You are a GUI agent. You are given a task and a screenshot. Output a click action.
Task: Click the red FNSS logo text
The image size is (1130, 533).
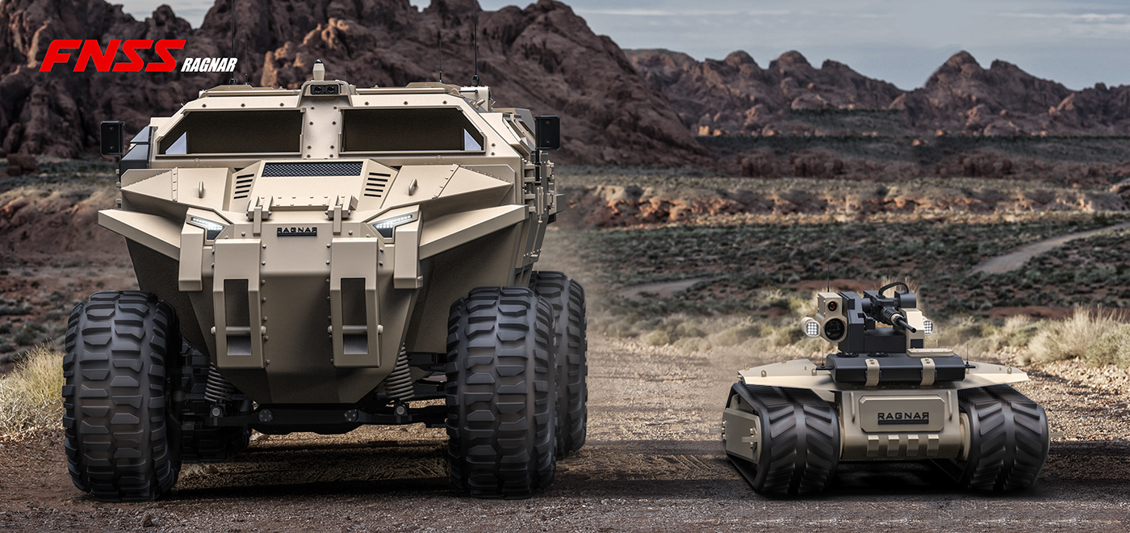tap(111, 56)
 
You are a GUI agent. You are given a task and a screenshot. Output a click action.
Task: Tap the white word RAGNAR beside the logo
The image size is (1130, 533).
tap(209, 65)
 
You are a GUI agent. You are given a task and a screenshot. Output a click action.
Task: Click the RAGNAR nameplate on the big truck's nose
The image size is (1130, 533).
tap(296, 231)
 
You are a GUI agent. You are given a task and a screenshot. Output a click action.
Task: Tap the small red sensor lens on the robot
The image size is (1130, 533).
tap(832, 307)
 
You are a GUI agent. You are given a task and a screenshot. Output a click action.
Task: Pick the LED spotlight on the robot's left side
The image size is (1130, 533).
tap(810, 327)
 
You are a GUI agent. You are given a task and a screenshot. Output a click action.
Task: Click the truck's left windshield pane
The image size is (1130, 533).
tap(232, 132)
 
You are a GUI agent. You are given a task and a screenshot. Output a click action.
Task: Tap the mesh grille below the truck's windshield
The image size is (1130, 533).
tap(312, 169)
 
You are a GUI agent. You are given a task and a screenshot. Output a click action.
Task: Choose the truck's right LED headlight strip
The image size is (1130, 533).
tap(393, 222)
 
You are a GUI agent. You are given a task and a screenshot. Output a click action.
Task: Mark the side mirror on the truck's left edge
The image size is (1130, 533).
tap(111, 138)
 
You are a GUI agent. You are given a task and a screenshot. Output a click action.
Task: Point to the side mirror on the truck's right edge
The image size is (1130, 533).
tap(546, 132)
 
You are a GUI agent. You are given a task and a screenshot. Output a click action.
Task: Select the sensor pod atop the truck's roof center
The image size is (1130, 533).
tap(323, 87)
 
